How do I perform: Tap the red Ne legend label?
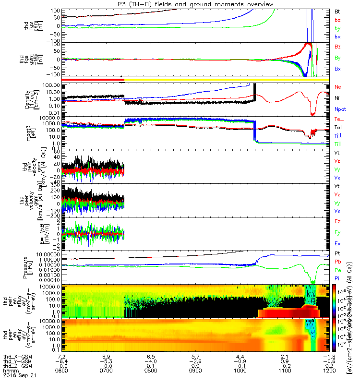coord(337,87)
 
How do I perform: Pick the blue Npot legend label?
coord(338,109)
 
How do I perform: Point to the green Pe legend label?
coord(337,270)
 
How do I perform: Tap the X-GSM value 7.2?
coord(61,357)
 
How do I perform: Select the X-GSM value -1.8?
coord(328,357)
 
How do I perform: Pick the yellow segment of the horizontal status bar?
coord(226,79)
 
